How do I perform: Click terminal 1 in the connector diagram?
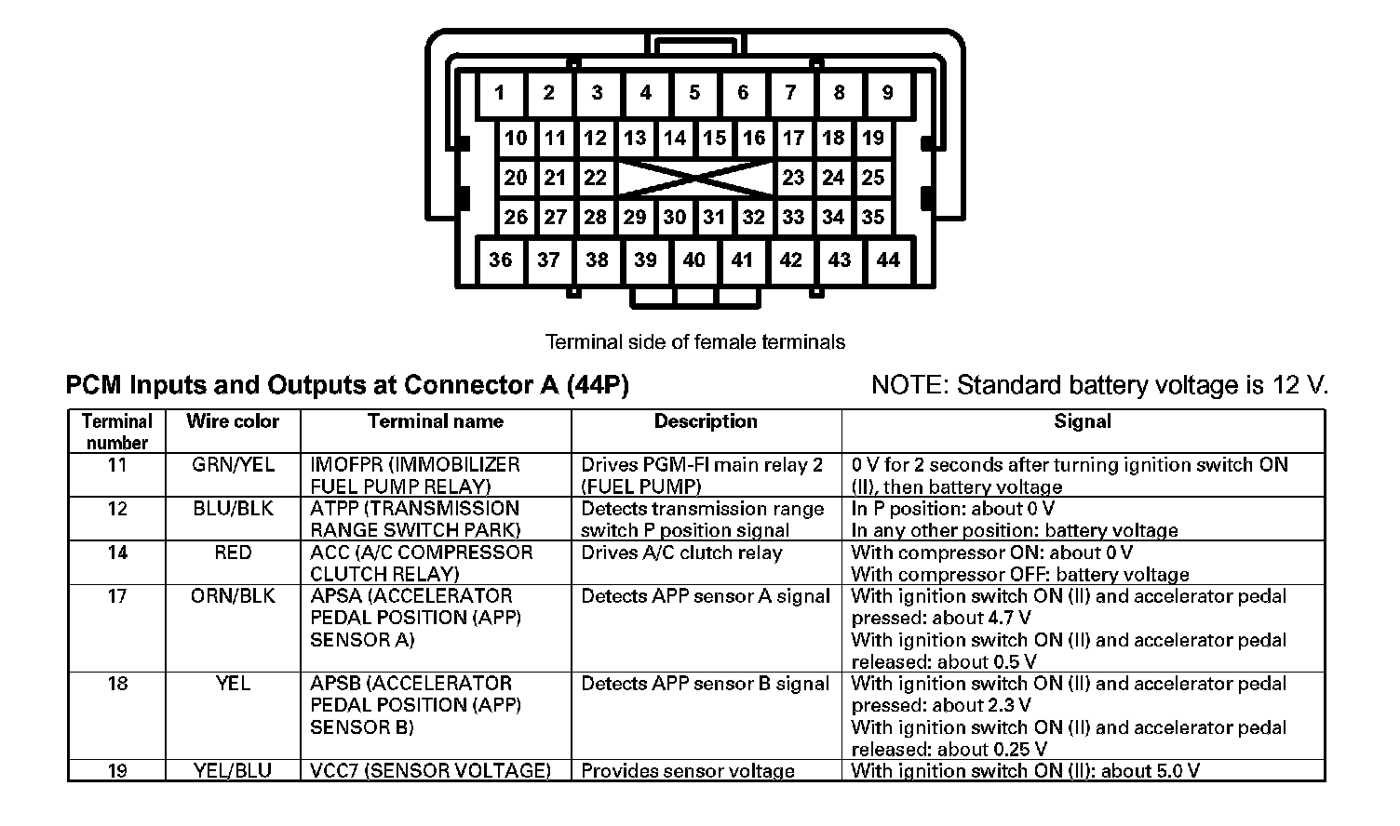coord(500,93)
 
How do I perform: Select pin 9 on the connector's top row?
coord(887,93)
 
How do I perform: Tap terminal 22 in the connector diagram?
coord(595,178)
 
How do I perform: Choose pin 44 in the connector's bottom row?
coord(888,260)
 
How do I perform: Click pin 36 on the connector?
coord(500,260)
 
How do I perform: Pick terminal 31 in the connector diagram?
coord(714,218)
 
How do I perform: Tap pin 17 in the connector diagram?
coord(793,139)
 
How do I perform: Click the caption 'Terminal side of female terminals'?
coord(694,342)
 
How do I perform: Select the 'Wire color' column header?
coord(233,421)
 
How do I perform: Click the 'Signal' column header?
coord(1082,421)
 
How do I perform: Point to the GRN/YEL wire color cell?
coord(233,465)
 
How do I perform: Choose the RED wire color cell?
coord(233,553)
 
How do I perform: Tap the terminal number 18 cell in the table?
coord(117,684)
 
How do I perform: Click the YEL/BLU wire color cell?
coord(233,771)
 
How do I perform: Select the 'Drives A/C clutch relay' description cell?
coord(681,553)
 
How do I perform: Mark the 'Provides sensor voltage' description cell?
coord(688,771)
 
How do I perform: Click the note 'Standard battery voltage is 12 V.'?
coord(1099,385)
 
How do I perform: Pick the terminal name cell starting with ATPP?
coord(415,519)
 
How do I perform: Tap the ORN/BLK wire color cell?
coord(233,596)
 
